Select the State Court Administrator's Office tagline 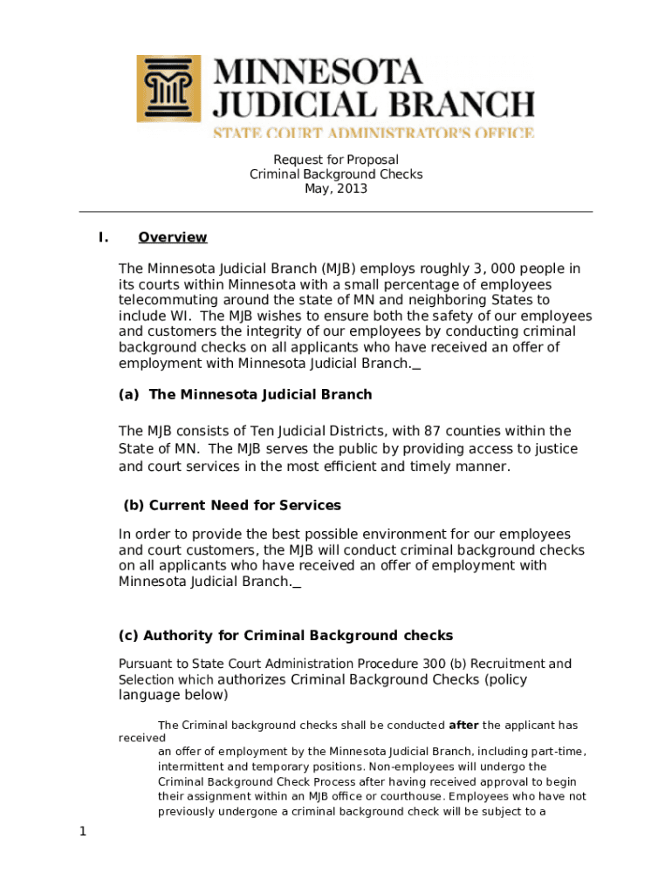(x=374, y=133)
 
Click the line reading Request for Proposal (x=336, y=160)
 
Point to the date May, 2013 (x=336, y=188)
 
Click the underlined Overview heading (x=173, y=237)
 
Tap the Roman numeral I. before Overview (x=103, y=237)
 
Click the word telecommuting (x=165, y=300)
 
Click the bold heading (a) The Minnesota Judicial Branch (x=245, y=394)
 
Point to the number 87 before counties (x=435, y=431)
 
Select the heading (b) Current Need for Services (x=231, y=505)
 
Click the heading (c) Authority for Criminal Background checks (x=285, y=635)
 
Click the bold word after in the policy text (x=463, y=725)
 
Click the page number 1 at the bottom (x=83, y=831)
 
